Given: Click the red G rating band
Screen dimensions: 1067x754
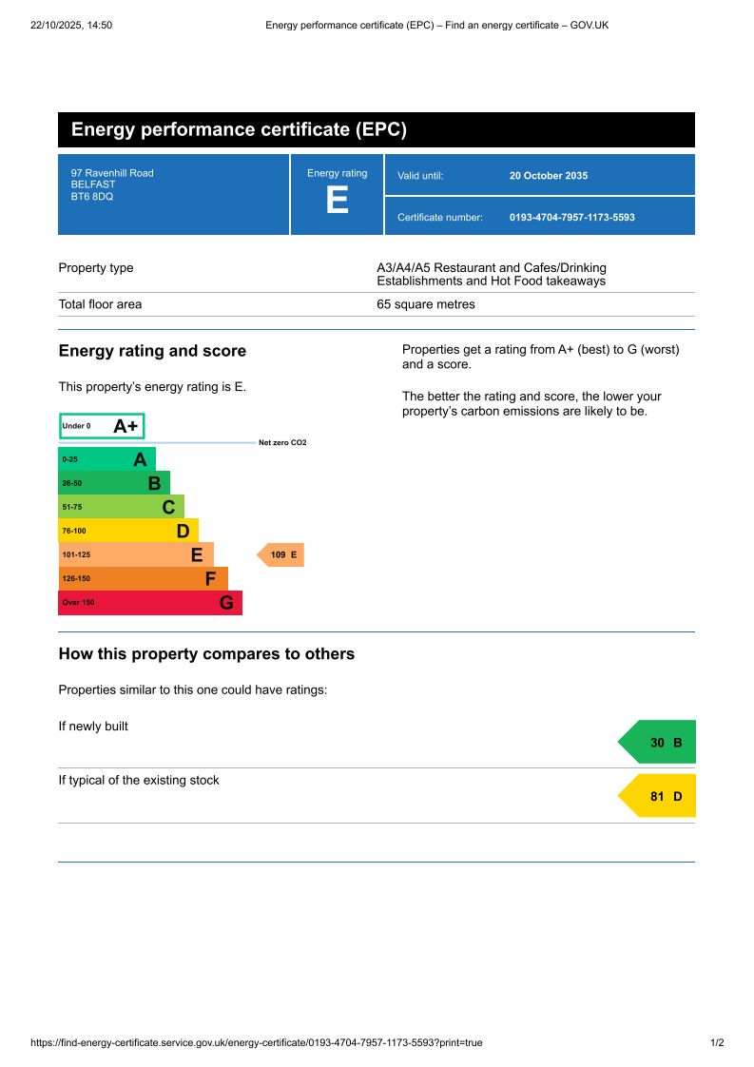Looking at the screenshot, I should pos(149,603).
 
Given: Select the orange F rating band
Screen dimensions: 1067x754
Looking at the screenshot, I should pos(143,578).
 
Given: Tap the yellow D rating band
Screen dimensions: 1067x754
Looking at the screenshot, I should pos(127,531).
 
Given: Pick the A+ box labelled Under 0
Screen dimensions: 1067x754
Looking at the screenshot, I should pos(102,426).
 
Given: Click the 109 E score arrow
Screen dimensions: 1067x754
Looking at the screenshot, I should pos(281,554).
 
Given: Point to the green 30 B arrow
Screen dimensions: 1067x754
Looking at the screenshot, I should pos(659,742).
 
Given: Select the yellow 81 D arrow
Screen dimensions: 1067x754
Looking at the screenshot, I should pos(659,796).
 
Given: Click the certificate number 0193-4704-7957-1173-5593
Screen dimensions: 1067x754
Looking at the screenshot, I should pos(571,218).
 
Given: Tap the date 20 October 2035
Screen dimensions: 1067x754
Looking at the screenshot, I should pos(549,176).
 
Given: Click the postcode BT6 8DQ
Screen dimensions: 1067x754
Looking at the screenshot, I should pos(92,197).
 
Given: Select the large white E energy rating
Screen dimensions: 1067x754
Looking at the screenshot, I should pos(337,202).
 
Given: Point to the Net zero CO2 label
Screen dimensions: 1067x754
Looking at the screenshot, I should pos(282,443).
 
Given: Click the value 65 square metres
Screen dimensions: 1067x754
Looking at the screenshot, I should pos(426,304).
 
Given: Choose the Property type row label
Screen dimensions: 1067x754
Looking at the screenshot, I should pos(96,268).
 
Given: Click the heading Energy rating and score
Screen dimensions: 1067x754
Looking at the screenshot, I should pos(152,351).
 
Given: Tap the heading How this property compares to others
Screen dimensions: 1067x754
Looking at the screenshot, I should pos(206,654).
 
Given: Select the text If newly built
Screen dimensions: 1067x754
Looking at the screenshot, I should pos(93,727).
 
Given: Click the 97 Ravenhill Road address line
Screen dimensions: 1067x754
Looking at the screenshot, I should pos(112,173).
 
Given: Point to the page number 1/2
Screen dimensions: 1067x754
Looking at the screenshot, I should pos(717,1042).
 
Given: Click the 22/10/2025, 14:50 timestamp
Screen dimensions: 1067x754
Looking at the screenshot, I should pos(71,25).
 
